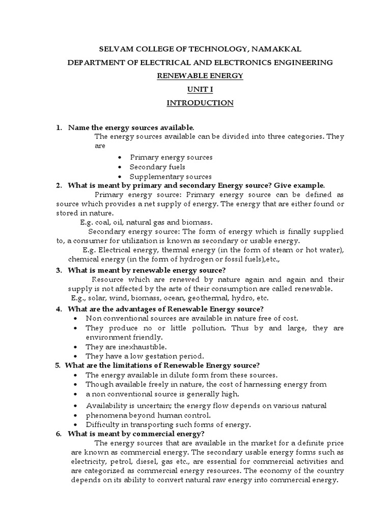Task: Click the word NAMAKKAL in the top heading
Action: click(x=277, y=48)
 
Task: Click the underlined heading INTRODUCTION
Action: click(x=200, y=103)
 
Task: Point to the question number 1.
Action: click(x=59, y=127)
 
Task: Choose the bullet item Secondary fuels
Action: click(x=157, y=167)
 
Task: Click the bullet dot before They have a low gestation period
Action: click(x=75, y=356)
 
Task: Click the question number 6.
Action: click(x=59, y=434)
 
